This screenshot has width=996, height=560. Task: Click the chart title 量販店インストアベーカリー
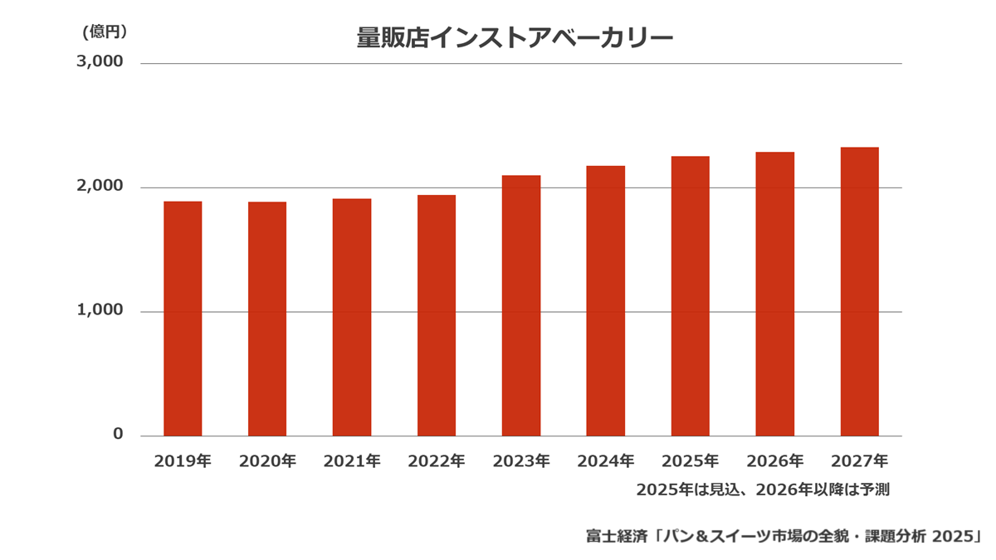pyautogui.click(x=515, y=38)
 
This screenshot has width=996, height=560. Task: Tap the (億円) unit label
pyautogui.click(x=105, y=32)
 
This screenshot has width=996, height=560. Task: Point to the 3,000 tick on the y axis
pyautogui.click(x=100, y=61)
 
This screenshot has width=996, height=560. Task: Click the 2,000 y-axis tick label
pyautogui.click(x=100, y=186)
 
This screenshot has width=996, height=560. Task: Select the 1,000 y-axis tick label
pyautogui.click(x=100, y=309)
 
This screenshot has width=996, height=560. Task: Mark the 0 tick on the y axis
pyautogui.click(x=118, y=434)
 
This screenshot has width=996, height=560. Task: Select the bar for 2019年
pyautogui.click(x=183, y=319)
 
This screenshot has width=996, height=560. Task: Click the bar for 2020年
pyautogui.click(x=267, y=319)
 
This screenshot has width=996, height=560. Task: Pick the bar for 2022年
pyautogui.click(x=437, y=315)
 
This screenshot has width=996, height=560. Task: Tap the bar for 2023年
pyautogui.click(x=521, y=306)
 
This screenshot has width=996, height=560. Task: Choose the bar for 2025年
pyautogui.click(x=691, y=296)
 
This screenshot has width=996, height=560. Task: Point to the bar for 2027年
pyautogui.click(x=860, y=291)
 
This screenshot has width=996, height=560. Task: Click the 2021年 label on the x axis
pyautogui.click(x=352, y=461)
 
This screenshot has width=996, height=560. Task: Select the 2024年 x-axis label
pyautogui.click(x=606, y=461)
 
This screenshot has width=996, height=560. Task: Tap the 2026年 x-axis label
pyautogui.click(x=775, y=461)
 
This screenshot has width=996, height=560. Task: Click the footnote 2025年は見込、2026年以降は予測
pyautogui.click(x=763, y=489)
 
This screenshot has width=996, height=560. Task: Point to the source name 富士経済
pyautogui.click(x=616, y=536)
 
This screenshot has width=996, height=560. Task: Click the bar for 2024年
pyautogui.click(x=606, y=301)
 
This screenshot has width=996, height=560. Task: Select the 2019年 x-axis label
pyautogui.click(x=183, y=461)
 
